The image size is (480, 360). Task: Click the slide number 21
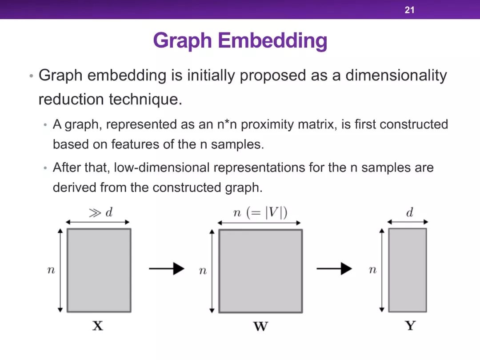tap(409, 10)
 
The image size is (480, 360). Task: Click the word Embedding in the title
tap(272, 40)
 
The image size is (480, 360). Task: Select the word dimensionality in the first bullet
tap(396, 75)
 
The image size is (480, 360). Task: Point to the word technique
tap(145, 99)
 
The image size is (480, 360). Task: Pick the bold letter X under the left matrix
tap(98, 326)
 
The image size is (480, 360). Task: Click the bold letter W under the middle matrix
tap(261, 326)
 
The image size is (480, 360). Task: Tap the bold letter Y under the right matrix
tap(410, 325)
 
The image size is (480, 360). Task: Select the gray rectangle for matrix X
tap(99, 270)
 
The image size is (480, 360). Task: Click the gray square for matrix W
tap(261, 271)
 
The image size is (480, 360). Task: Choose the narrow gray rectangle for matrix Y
tap(408, 270)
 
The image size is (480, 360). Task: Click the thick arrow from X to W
tap(167, 268)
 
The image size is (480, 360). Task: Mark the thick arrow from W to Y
tap(334, 268)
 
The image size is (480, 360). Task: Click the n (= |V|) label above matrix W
tap(260, 212)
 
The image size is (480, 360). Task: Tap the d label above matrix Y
tap(410, 212)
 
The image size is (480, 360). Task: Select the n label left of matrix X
tap(51, 270)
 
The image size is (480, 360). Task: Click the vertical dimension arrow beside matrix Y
tap(381, 270)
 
